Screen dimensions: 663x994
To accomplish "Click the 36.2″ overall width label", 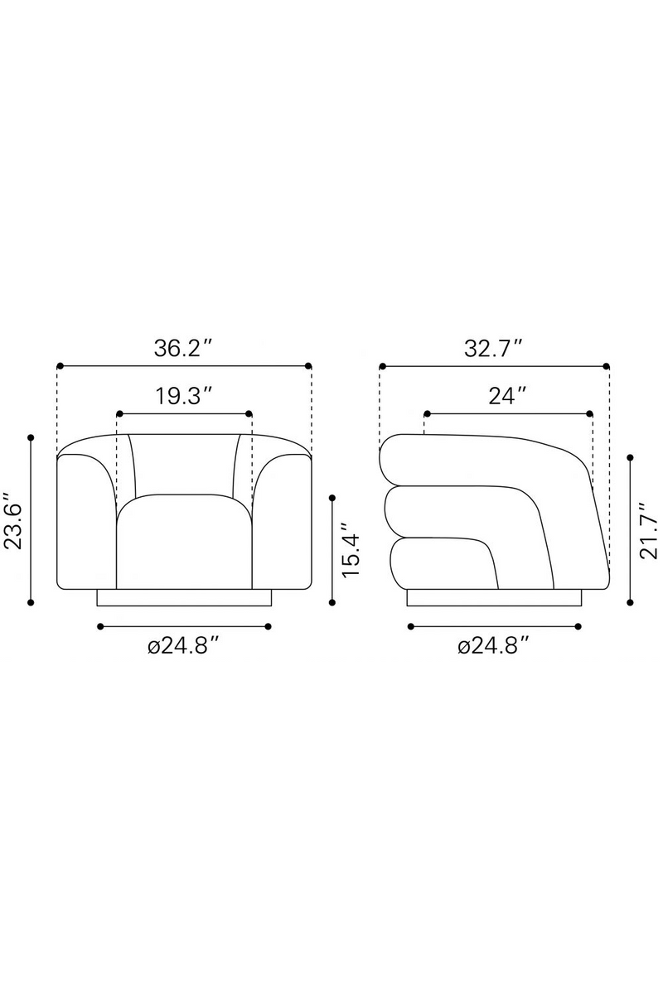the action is coord(182,349).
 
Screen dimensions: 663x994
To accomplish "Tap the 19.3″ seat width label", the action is coord(183,396).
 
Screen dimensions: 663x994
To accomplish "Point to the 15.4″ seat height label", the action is coord(351,549).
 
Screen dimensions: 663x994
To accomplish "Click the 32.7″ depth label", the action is coord(493,349).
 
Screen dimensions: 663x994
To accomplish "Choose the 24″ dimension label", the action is coord(507,396).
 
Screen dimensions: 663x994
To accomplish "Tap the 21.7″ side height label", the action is coord(649,530).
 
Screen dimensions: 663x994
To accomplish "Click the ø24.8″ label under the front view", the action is coord(183,647).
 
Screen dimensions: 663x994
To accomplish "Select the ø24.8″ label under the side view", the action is coord(493,647).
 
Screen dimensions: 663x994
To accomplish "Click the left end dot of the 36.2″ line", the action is coord(60,366).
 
